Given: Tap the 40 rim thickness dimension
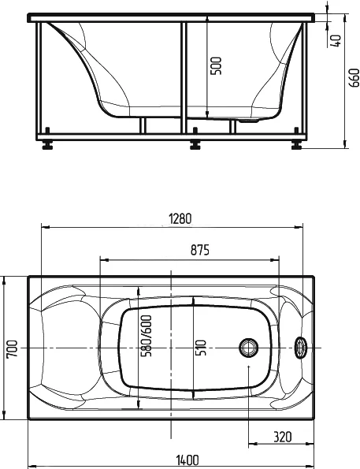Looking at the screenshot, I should [336, 40].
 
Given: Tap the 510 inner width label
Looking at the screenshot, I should [201, 346].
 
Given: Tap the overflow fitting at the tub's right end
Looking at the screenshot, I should [300, 348].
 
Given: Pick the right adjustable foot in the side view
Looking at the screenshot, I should [296, 145].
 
